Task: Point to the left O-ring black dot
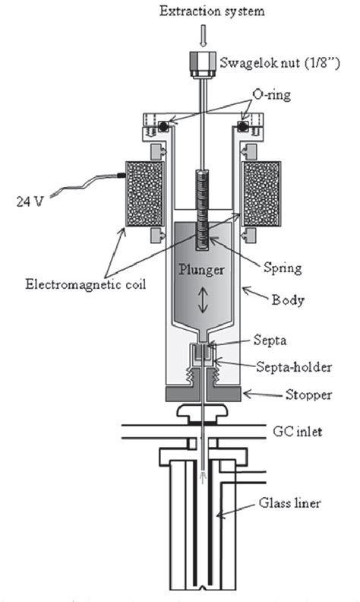162,123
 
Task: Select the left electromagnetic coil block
141,195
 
